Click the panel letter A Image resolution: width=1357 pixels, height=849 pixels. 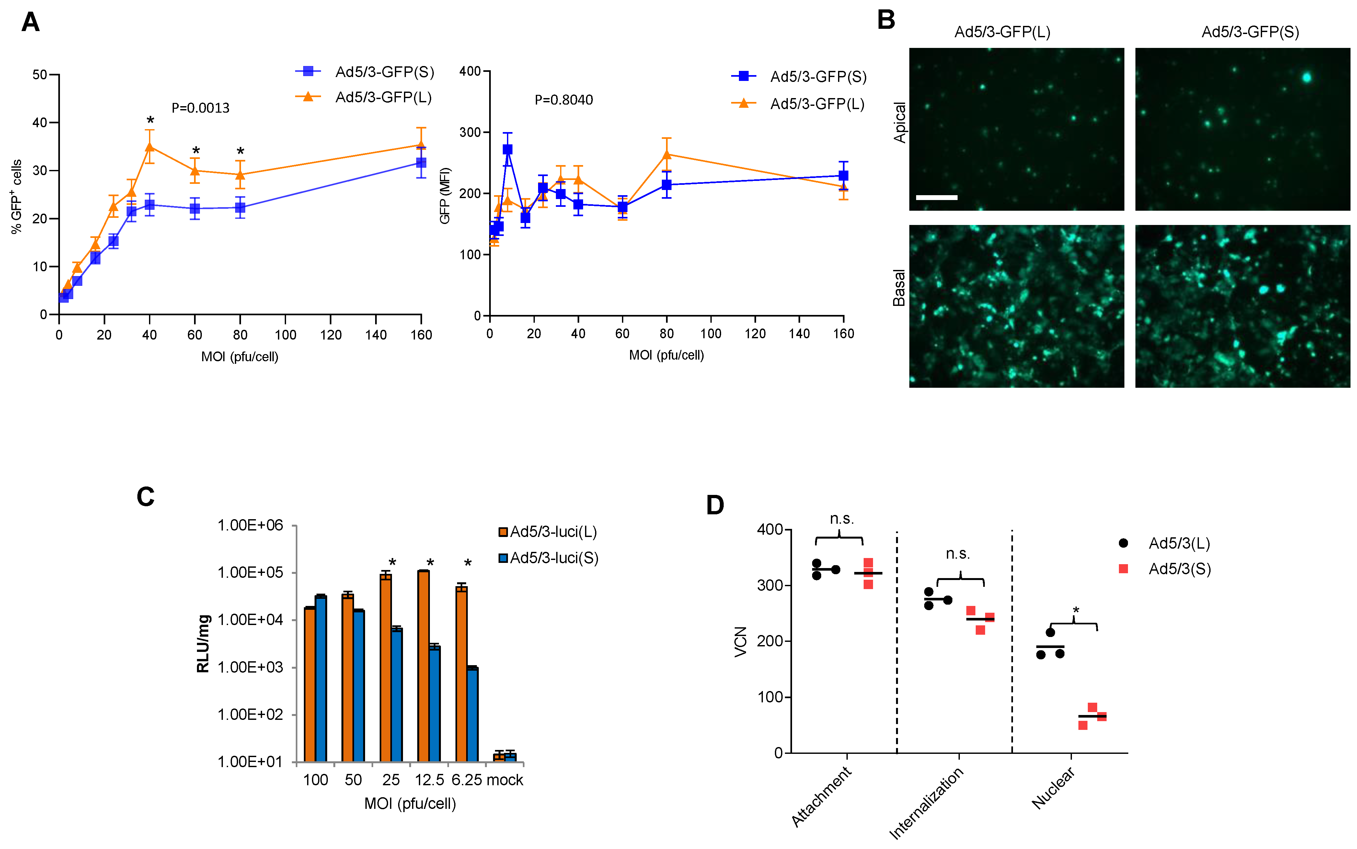pos(30,22)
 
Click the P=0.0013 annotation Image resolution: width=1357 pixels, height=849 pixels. pos(201,108)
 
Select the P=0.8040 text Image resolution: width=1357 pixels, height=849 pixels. pos(564,100)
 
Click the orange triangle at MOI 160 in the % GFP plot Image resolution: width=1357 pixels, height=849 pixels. pos(421,145)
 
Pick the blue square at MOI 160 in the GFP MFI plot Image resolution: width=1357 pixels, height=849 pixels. pos(843,176)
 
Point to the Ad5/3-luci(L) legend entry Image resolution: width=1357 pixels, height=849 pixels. pos(548,532)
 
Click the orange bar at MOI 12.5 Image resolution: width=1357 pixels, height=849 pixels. pos(423,665)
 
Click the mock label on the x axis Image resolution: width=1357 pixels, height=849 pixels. pos(505,780)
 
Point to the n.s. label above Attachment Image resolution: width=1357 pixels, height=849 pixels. pos(841,519)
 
